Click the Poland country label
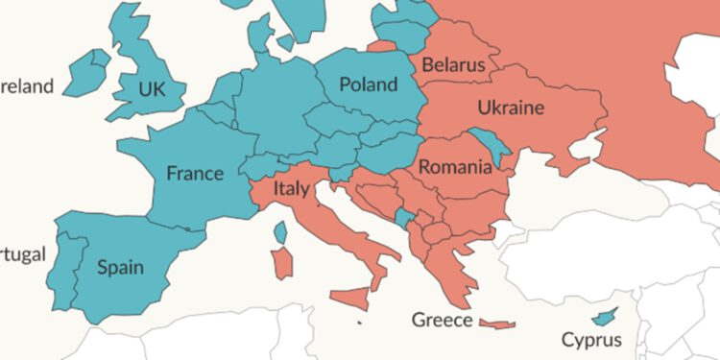click(x=369, y=84)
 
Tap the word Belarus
click(x=453, y=66)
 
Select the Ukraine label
click(x=510, y=107)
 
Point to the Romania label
click(x=455, y=168)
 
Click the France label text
click(x=195, y=174)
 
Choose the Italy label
click(x=292, y=188)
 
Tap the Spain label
click(x=120, y=267)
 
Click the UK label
click(x=152, y=89)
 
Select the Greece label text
click(x=441, y=319)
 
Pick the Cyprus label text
click(x=591, y=339)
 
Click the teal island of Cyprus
click(x=604, y=316)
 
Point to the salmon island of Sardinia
click(x=282, y=263)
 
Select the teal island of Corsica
click(x=280, y=231)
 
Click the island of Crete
click(x=497, y=324)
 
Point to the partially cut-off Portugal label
click(x=21, y=254)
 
